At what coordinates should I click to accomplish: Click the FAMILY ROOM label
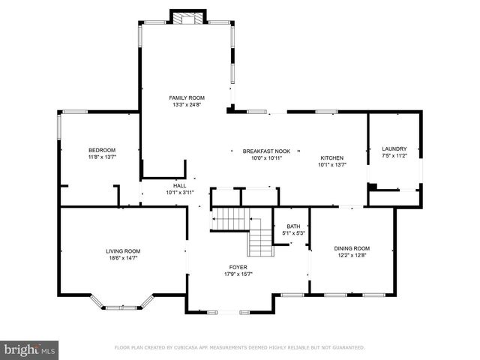186,97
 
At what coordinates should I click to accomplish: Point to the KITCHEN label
332,157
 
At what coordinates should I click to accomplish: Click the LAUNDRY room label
394,148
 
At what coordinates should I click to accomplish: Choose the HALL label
180,185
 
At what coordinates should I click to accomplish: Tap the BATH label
292,226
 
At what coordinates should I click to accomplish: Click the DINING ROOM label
352,248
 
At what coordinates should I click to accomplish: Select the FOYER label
238,267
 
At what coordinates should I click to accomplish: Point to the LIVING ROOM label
122,250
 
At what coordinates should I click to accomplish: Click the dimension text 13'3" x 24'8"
186,105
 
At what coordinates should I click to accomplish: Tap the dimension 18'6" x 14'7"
122,258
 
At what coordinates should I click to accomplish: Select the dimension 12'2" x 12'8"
352,256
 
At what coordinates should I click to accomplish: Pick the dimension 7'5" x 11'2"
394,156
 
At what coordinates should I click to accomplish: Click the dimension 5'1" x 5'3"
292,233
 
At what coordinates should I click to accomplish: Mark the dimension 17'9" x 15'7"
238,274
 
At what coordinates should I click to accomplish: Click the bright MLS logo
30,349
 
